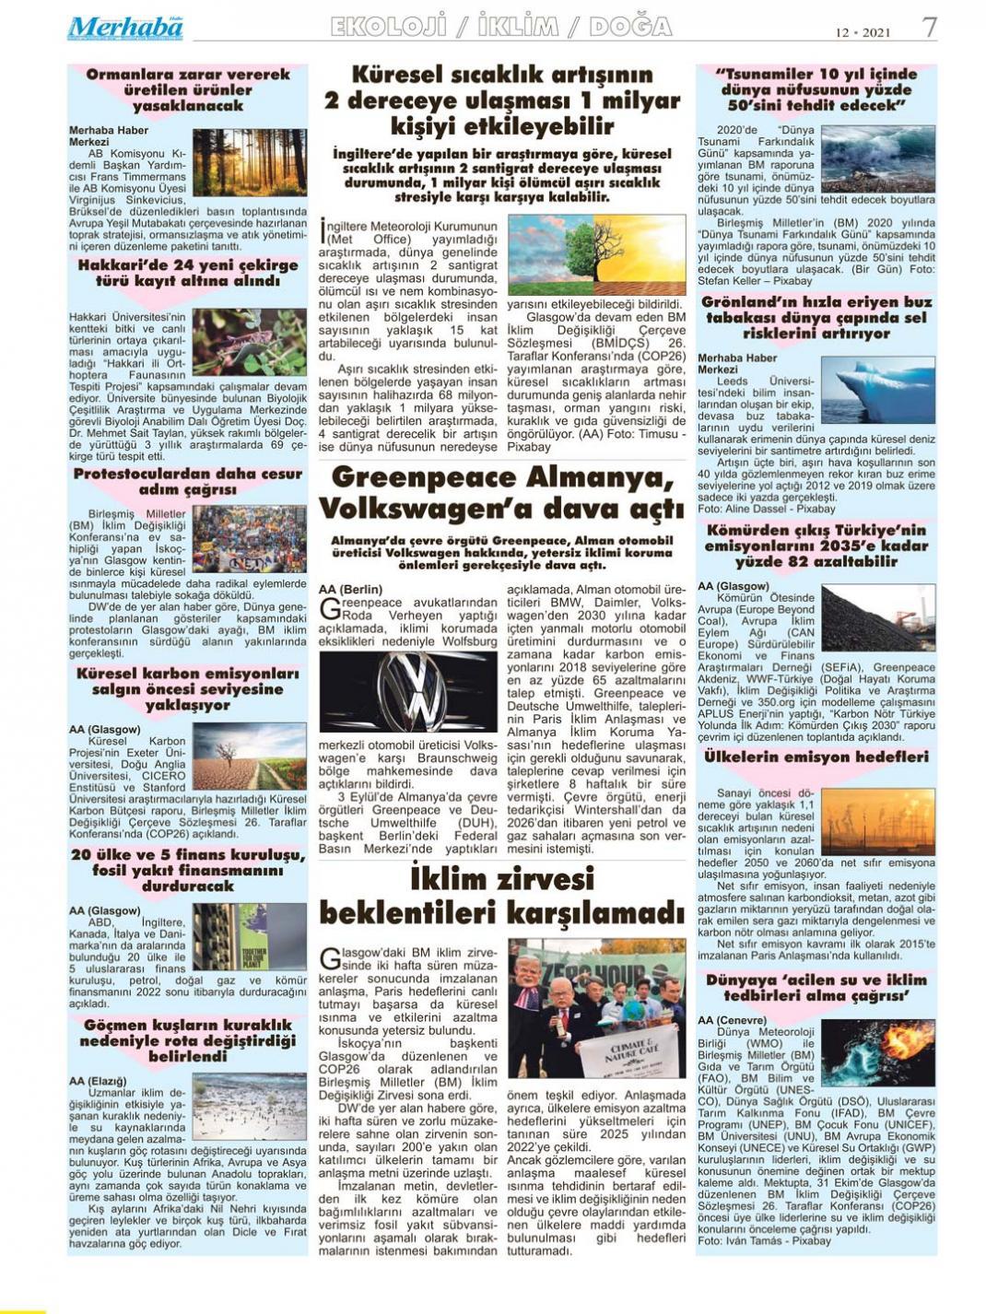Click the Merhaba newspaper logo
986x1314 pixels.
pos(124,28)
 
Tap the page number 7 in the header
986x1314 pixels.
pos(929,28)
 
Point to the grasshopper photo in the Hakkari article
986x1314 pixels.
pos(249,342)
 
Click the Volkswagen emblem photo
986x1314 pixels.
pos(407,691)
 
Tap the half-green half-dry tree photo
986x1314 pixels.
pos(596,254)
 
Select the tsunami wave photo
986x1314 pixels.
pos(877,158)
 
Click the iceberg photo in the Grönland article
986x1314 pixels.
pos(877,390)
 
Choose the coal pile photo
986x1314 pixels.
pos(877,617)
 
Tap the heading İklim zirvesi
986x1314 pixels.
pos(502,876)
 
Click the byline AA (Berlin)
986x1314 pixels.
pos(350,589)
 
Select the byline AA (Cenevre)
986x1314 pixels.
pos(732,1020)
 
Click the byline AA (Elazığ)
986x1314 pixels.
pos(98,1081)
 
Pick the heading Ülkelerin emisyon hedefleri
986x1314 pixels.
pos(816,757)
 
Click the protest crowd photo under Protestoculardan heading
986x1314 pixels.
pos(249,539)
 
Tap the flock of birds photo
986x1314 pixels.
pos(249,1107)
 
